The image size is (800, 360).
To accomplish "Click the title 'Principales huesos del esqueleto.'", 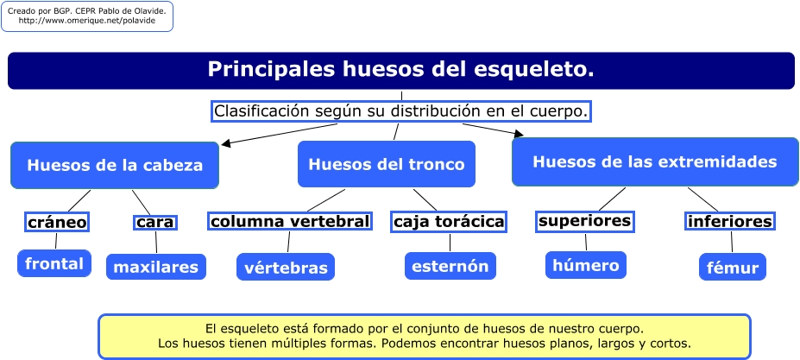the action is [x=401, y=70].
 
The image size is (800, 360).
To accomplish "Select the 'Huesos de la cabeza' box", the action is [x=115, y=165].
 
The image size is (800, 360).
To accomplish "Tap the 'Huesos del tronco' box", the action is [x=387, y=164].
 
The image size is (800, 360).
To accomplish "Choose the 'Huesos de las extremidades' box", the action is [x=655, y=162].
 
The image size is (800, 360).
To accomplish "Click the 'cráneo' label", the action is [x=57, y=222].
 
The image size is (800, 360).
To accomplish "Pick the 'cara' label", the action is [x=155, y=222].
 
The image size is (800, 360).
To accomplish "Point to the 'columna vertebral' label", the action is [x=290, y=221].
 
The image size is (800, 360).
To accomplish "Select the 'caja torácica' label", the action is [x=449, y=222].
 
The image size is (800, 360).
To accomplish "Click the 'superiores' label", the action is [x=585, y=221].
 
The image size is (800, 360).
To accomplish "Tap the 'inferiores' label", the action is [x=729, y=222].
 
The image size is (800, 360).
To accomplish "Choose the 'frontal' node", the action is [x=54, y=263].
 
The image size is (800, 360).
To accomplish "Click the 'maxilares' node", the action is [x=156, y=267].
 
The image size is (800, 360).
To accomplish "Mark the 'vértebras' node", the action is [x=286, y=267].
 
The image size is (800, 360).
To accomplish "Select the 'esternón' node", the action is [x=450, y=266].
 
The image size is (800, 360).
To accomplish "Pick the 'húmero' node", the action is [x=586, y=265].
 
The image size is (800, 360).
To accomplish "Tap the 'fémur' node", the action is [x=733, y=267].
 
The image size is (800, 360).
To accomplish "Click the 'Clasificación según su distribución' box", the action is [x=401, y=111].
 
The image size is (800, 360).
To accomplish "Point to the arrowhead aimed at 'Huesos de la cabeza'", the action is [x=226, y=143].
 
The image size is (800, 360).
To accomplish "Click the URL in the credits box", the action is [x=87, y=21].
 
